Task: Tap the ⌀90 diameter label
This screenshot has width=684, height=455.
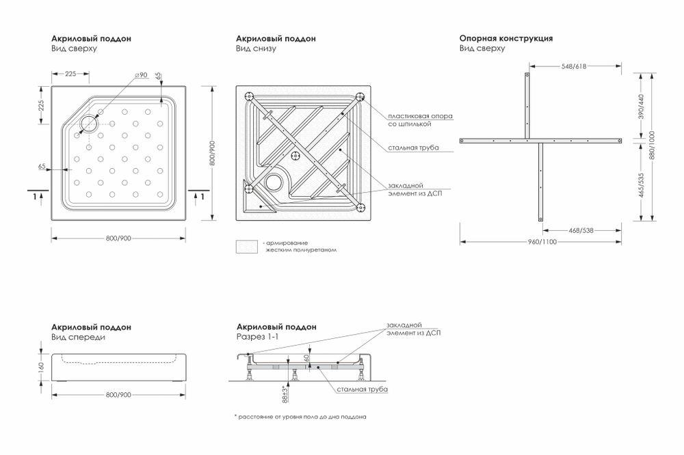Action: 141,74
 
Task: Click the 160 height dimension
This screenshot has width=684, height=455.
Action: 42,366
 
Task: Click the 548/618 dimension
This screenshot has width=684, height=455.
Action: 574,66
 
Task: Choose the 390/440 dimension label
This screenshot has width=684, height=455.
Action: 640,105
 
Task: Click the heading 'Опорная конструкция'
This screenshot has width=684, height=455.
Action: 505,39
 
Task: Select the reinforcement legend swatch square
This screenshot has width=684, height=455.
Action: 246,247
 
